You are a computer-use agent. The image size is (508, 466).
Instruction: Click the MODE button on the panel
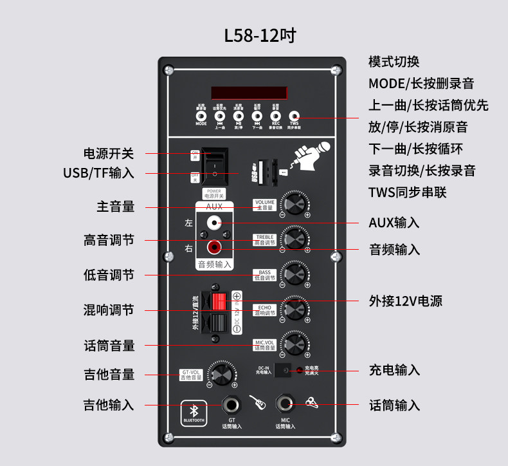(x=201, y=116)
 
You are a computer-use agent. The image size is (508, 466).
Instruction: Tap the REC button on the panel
(x=276, y=116)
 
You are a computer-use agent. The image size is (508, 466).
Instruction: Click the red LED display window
(x=247, y=93)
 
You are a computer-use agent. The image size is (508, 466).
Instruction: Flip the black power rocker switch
(x=213, y=166)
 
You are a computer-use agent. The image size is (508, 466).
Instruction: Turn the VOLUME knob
(x=295, y=204)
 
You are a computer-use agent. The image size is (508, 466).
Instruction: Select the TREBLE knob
(x=295, y=239)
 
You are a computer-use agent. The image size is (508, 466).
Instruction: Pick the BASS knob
(x=295, y=273)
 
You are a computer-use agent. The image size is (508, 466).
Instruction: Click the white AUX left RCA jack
(x=213, y=223)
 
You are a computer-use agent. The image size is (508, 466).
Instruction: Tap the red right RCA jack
(x=213, y=246)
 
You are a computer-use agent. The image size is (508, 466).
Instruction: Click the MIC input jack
(x=286, y=405)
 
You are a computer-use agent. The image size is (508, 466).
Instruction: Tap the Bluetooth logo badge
(x=194, y=413)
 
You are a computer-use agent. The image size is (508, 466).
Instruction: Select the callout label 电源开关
(x=109, y=154)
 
